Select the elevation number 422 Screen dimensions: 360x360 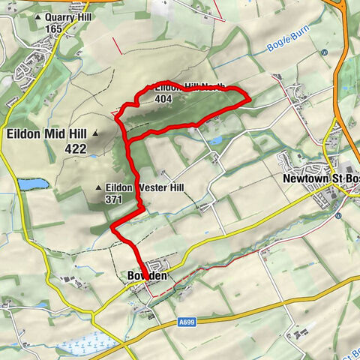(x=76, y=149)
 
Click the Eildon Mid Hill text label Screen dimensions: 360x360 (x=47, y=134)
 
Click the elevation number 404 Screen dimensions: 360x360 (x=164, y=98)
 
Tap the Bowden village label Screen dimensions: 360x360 (x=145, y=277)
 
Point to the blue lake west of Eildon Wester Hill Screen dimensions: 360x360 (x=31, y=183)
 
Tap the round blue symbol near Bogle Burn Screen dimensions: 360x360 (x=323, y=52)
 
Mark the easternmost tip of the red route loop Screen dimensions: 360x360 (x=248, y=95)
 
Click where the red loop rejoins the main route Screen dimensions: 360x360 (x=128, y=140)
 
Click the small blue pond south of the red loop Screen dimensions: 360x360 (x=216, y=140)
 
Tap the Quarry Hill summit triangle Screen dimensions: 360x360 (x=37, y=17)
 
